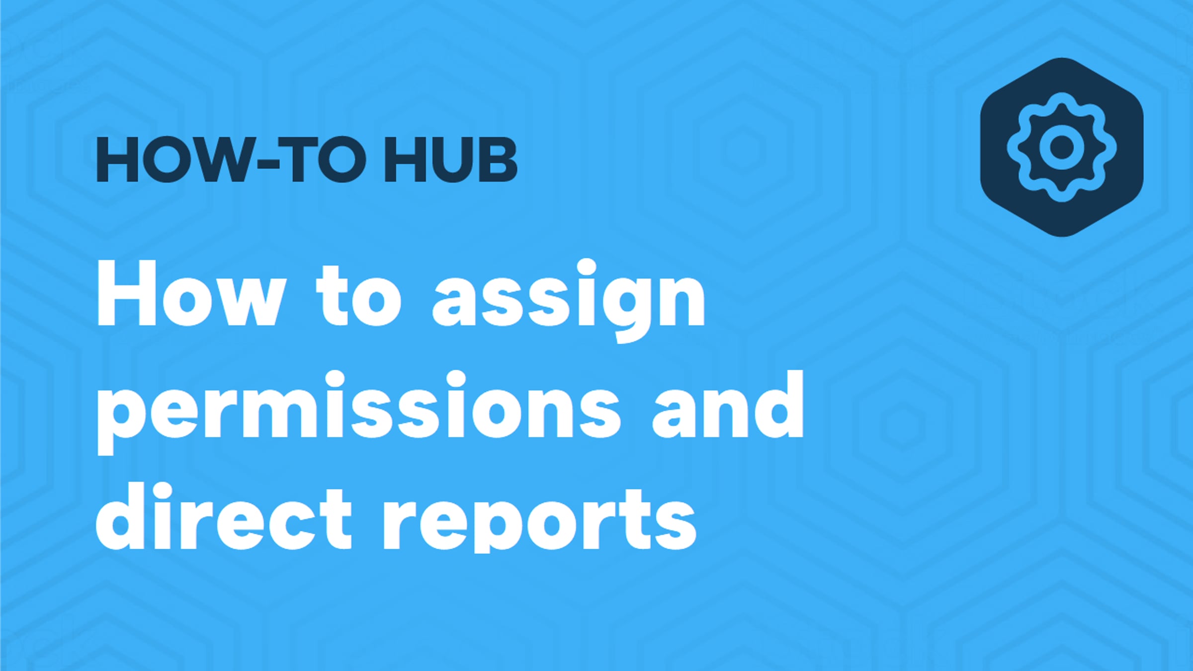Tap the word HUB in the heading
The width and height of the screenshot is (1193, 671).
point(450,160)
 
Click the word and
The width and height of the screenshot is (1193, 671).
point(728,408)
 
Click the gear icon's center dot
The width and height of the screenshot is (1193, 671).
point(1062,148)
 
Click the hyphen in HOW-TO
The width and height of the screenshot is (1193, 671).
point(267,164)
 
